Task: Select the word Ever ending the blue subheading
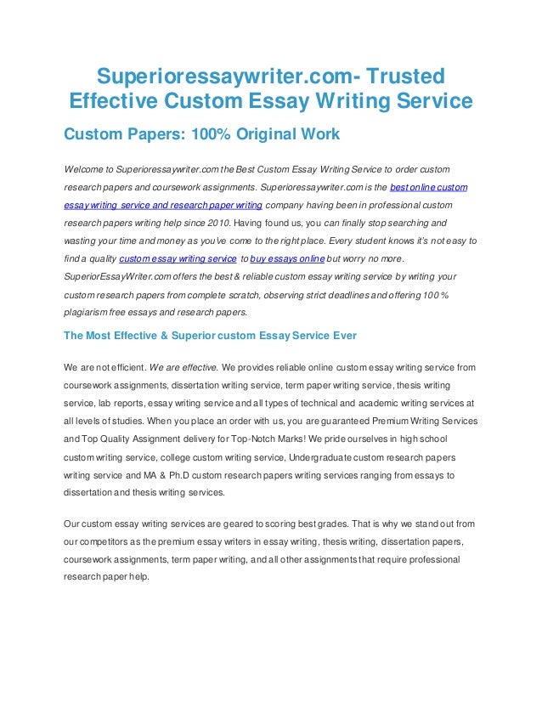click(x=343, y=336)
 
